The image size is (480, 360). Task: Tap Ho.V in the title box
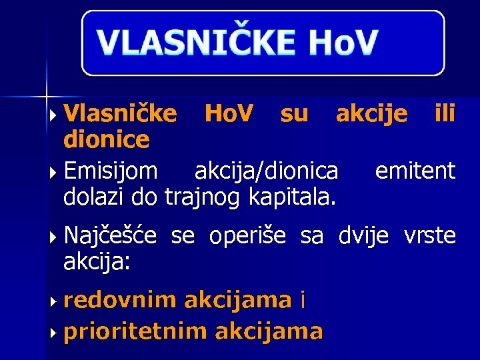(x=343, y=42)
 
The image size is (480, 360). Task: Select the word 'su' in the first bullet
(x=294, y=115)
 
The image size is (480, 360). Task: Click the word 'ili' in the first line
(x=445, y=115)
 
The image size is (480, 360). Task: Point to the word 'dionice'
(x=106, y=140)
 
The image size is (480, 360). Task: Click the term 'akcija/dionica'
(x=266, y=172)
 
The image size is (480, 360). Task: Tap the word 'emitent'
(x=415, y=172)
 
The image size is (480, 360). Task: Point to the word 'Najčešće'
(x=111, y=236)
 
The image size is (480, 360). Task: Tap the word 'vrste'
(x=429, y=236)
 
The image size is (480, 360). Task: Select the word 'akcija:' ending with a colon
(x=97, y=261)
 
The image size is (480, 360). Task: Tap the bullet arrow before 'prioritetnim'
(x=53, y=331)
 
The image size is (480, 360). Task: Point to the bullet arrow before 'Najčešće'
(x=53, y=237)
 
